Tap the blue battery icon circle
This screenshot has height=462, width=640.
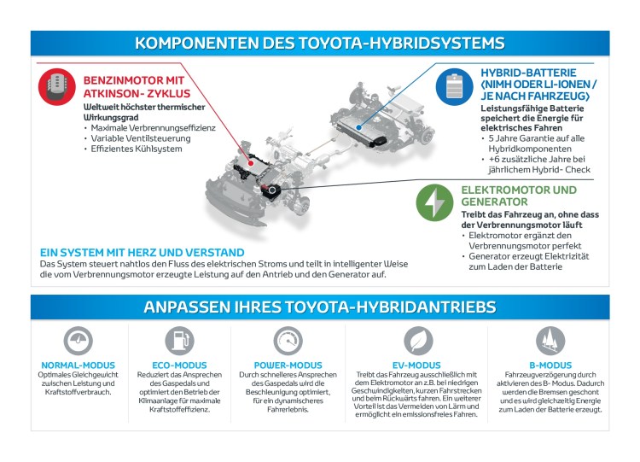pos(453,86)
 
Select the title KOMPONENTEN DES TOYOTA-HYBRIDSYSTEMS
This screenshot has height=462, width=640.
pos(320,43)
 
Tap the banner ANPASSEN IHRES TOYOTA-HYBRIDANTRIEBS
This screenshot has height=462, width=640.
pos(320,307)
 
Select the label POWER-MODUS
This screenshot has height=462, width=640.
pos(284,365)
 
